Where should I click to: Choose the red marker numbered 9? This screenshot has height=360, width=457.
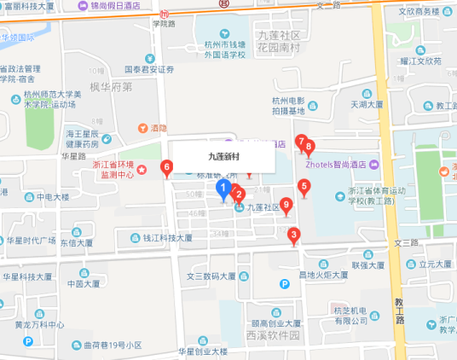tap(286, 206)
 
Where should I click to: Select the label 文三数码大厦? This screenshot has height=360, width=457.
tap(211, 276)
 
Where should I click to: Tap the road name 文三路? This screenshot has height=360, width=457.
tap(408, 243)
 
